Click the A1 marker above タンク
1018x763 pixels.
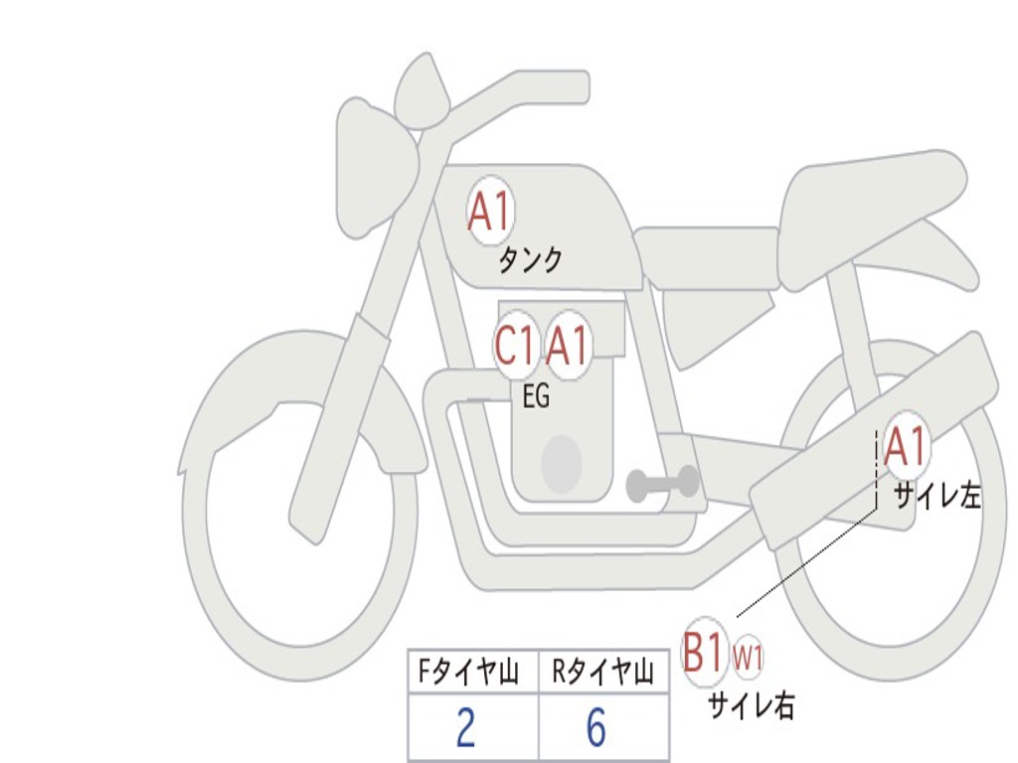point(489,213)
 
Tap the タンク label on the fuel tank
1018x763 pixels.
point(530,260)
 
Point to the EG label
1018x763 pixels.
point(536,396)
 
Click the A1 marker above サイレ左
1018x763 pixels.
point(905,446)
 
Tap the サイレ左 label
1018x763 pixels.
point(936,496)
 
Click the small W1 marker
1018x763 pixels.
point(749,657)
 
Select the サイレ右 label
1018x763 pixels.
point(751,705)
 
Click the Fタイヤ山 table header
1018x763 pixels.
point(467,674)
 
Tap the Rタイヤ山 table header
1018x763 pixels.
point(602,674)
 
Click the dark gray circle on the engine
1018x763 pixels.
point(561,464)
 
